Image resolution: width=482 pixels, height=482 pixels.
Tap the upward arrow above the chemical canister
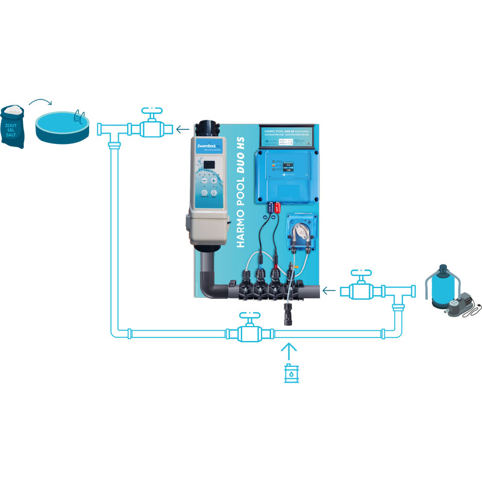[x=290, y=351]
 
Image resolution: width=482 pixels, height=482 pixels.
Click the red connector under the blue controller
[x=278, y=208]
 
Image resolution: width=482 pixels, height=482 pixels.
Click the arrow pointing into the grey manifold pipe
[x=328, y=291]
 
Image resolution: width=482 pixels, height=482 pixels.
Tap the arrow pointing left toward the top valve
[x=182, y=128]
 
